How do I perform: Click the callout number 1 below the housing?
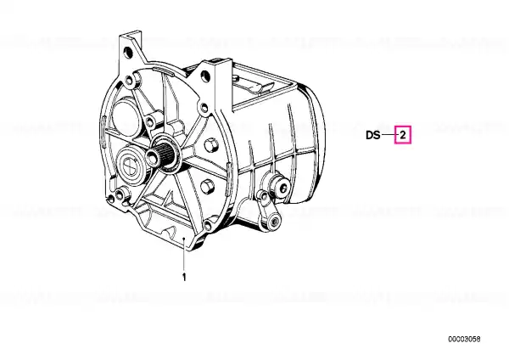pyautogui.click(x=184, y=278)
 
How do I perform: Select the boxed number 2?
pyautogui.click(x=403, y=134)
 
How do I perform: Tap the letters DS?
pyautogui.click(x=373, y=135)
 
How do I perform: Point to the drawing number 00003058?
pyautogui.click(x=464, y=340)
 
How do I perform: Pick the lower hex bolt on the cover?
pyautogui.click(x=208, y=187)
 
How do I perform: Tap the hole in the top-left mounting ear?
pyautogui.click(x=129, y=52)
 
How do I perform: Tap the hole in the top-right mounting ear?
pyautogui.click(x=205, y=76)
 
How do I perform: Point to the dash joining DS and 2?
pyautogui.click(x=388, y=135)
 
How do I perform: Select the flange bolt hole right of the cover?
pyautogui.click(x=204, y=107)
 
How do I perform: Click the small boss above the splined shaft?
pyautogui.click(x=149, y=122)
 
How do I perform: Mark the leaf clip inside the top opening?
pyautogui.click(x=256, y=87)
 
